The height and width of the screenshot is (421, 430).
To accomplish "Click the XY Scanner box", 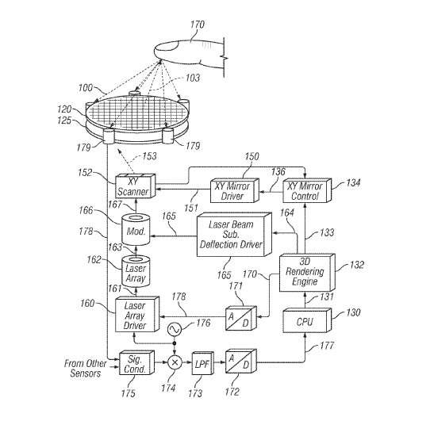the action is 135,186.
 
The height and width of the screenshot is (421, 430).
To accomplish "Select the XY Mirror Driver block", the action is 235,191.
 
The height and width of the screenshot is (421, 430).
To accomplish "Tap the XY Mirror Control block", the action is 307,190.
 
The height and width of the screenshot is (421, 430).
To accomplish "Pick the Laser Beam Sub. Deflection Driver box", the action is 235,235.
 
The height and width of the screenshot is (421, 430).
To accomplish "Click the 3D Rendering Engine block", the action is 307,273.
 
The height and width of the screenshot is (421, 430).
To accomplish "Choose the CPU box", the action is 307,320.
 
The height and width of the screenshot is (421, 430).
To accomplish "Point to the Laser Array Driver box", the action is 137,315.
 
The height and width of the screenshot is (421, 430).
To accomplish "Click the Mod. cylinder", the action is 136,230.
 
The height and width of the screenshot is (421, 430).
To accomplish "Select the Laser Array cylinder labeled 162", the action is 136,271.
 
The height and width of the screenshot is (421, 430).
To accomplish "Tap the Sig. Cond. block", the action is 136,362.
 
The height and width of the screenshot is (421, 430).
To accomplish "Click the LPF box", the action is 202,363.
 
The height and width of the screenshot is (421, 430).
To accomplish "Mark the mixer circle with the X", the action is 175,362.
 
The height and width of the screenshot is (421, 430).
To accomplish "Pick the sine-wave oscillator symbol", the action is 174,329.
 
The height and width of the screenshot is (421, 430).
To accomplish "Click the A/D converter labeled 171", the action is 241,319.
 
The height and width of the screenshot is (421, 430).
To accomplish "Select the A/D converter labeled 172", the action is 241,362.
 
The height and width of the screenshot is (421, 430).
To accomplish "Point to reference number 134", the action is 353,183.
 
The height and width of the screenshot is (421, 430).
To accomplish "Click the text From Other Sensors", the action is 86,369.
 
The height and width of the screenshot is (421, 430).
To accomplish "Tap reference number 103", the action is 193,78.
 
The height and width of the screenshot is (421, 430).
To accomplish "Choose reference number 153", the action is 149,156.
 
